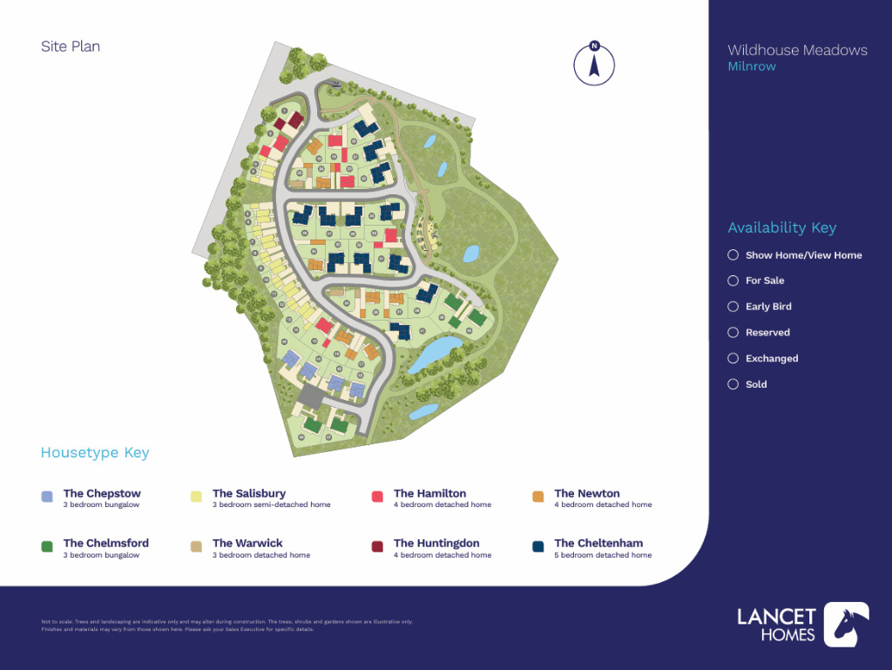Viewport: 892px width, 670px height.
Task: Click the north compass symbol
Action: click(x=594, y=64)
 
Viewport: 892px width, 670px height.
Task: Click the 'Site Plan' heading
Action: click(x=71, y=47)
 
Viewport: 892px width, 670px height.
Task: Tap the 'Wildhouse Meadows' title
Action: click(x=797, y=51)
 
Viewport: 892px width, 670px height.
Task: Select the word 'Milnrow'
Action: click(x=751, y=67)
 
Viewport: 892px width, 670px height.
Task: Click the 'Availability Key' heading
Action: click(x=781, y=228)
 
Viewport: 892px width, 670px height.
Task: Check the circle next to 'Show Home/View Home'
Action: click(x=733, y=255)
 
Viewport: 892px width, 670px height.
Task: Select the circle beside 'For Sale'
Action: click(x=733, y=281)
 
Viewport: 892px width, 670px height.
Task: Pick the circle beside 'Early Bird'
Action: click(x=733, y=307)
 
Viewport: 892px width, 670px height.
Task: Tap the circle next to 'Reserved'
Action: click(x=733, y=333)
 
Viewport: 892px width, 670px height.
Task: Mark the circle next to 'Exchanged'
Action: click(x=733, y=358)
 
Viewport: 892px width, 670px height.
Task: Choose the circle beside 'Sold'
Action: click(x=733, y=384)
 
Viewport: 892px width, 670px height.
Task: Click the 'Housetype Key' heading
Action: click(x=94, y=453)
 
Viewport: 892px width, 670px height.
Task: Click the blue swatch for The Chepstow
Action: click(x=47, y=497)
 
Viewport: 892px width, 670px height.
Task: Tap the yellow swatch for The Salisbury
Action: click(x=196, y=497)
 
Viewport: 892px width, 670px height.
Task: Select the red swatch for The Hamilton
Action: click(x=377, y=497)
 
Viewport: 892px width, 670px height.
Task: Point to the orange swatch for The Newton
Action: click(x=537, y=497)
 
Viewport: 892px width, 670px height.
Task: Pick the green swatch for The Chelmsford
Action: click(x=47, y=546)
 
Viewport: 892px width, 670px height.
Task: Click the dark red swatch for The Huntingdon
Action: click(x=377, y=546)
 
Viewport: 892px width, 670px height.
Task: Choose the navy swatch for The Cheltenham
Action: click(x=537, y=546)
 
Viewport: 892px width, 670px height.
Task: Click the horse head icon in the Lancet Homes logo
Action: click(x=846, y=625)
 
